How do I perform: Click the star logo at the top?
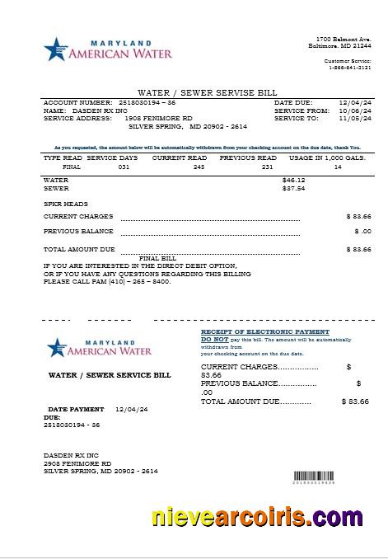54,49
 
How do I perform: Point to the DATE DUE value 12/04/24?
355,102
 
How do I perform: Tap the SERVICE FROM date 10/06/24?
355,110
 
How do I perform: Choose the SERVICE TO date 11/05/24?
355,118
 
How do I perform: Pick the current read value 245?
198,167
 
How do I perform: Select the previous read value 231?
266,167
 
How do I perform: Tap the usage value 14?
337,167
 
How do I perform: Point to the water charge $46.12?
293,179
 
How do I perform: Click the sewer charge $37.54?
293,188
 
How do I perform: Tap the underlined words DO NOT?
215,339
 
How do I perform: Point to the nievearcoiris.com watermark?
256,518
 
